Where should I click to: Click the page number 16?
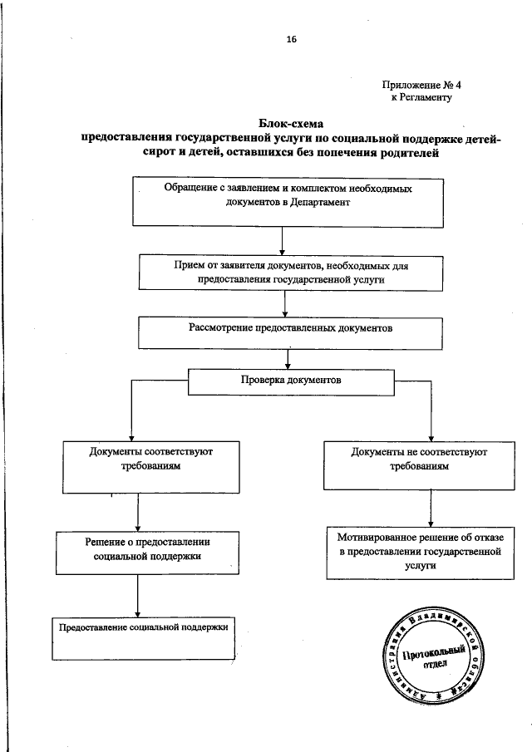(x=291, y=38)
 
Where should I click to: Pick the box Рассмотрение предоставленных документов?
(x=287, y=330)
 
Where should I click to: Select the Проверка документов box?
(x=289, y=382)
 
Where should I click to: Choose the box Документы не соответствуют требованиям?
(x=419, y=462)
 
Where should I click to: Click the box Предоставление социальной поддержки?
(x=142, y=637)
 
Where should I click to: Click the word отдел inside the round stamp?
(x=434, y=666)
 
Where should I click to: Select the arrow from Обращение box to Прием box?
(x=283, y=240)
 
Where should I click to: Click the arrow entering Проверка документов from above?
(x=288, y=359)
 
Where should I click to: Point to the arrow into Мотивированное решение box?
(x=429, y=516)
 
